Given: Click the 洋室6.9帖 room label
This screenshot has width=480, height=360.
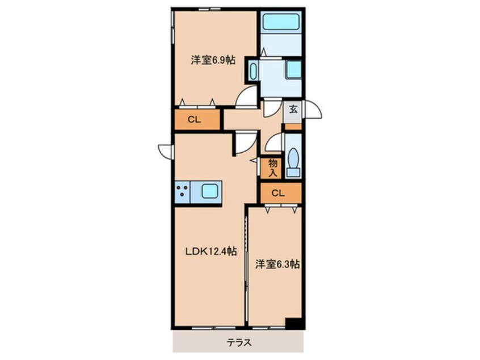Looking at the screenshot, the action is point(213,60).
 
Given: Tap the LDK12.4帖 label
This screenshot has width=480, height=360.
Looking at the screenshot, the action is point(211,252).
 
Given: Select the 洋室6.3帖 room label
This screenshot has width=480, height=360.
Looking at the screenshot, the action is point(277,264).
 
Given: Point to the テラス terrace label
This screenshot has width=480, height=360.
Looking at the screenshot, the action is point(239,342).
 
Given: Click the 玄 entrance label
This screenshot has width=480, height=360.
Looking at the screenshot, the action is point(293,109).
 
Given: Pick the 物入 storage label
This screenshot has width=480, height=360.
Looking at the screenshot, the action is point(273,168).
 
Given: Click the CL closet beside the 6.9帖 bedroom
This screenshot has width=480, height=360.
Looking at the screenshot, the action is point(195,120).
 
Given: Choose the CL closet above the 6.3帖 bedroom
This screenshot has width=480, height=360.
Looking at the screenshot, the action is point(281,193).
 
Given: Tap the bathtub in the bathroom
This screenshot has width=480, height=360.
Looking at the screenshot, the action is point(281,22).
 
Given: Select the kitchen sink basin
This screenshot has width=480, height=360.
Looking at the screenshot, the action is point(210,191).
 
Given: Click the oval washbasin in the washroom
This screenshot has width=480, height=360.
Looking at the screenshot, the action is point(253,71).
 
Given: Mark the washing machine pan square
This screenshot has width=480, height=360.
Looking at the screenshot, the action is point(293,69).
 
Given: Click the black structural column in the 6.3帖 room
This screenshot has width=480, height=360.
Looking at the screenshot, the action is point(294,323).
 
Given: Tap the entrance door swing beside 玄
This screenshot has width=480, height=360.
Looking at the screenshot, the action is point(312,109).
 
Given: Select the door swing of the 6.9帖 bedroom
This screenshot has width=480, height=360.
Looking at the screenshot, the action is point(246,97).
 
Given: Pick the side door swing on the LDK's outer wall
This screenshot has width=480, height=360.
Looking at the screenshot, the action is point(166,152).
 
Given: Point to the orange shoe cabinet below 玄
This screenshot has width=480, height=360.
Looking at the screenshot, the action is point(293,126).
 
